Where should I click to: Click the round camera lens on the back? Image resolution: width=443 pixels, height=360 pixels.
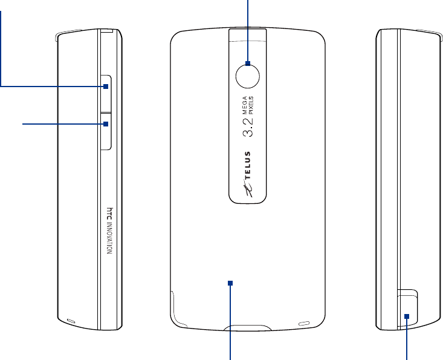point(248,74)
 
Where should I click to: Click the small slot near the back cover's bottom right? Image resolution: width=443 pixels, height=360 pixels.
point(305,322)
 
